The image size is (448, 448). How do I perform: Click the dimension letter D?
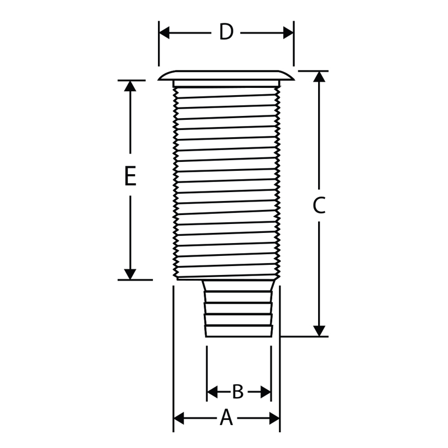(226, 32)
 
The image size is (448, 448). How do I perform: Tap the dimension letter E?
(130, 176)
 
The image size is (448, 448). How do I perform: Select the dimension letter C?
(319, 205)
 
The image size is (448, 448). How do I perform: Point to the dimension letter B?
(237, 391)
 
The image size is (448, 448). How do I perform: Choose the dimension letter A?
(226, 418)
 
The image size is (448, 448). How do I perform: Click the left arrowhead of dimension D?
(164, 33)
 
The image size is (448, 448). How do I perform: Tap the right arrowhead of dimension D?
(288, 33)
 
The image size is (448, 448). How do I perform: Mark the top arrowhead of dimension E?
(130, 86)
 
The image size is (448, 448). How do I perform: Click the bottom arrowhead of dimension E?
(130, 274)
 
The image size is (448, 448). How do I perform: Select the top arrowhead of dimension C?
(319, 77)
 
